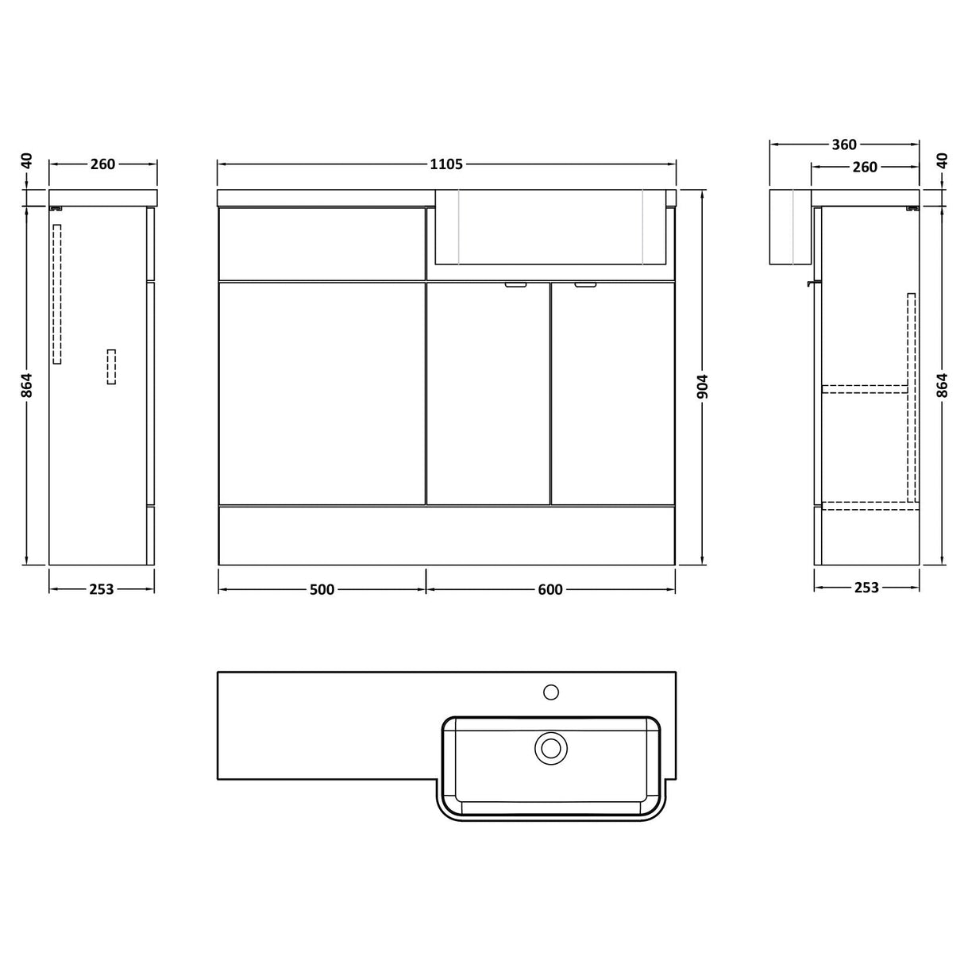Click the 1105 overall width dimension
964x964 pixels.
(445, 164)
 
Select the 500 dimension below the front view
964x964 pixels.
(322, 589)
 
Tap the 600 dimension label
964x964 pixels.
(550, 589)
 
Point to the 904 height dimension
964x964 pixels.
(702, 387)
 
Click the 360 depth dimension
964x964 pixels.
(843, 145)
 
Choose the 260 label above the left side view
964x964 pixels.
(102, 164)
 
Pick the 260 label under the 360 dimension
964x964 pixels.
(864, 167)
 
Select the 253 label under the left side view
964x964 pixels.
(102, 589)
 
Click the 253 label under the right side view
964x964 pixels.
(866, 588)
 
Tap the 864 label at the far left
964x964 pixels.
(27, 385)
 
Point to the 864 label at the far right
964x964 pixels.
(942, 385)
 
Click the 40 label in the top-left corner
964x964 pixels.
(27, 160)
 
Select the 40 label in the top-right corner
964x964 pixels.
(942, 160)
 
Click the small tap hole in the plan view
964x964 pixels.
(548, 690)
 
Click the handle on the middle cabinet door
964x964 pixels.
(515, 284)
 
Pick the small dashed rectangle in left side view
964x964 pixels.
(111, 367)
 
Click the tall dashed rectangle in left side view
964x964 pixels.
(57, 294)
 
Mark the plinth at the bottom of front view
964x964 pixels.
(446, 535)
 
